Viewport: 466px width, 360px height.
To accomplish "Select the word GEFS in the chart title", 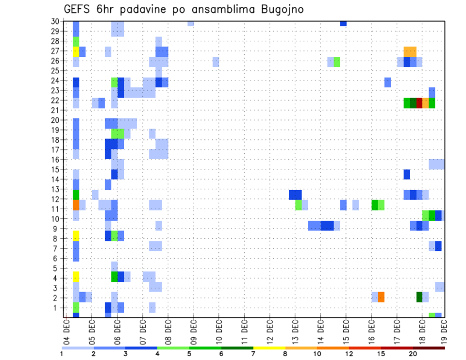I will point(78,9).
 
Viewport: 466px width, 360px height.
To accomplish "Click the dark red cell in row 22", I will point(419,103).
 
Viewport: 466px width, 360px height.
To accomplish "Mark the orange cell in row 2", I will point(381,297).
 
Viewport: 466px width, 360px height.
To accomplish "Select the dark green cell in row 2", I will point(419,297).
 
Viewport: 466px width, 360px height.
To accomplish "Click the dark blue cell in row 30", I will point(343,23).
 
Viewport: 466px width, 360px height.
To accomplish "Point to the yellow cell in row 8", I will point(76,236).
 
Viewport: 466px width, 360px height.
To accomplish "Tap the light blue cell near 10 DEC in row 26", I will point(216,62).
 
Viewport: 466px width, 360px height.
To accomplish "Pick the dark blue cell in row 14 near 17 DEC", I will point(407,174).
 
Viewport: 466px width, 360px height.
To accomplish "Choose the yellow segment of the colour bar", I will point(269,348).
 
